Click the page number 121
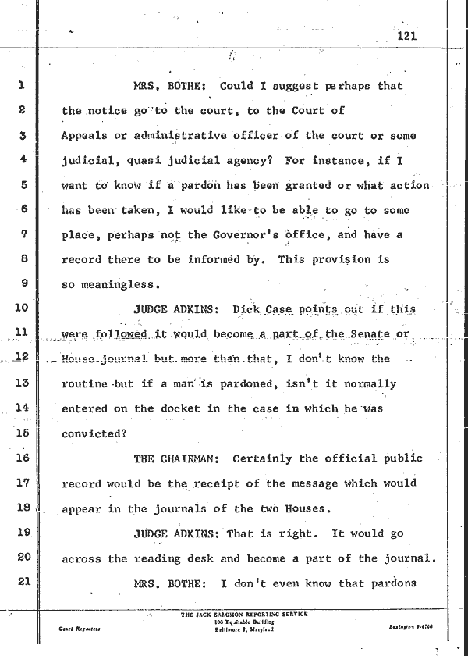(408, 36)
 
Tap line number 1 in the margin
(23, 85)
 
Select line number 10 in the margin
(22, 308)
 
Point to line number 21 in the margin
(22, 583)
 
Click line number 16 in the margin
(22, 458)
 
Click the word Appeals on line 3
(83, 136)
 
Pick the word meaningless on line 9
(112, 284)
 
